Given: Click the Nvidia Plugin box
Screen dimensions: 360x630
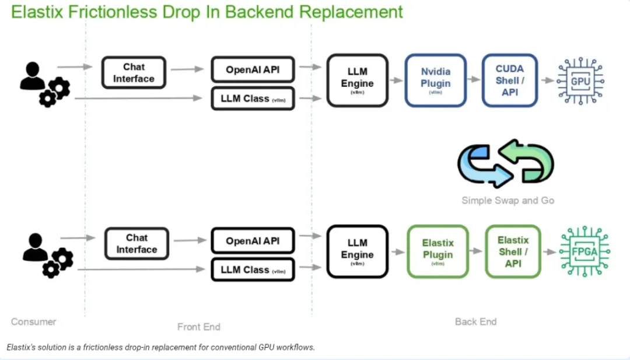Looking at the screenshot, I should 436,81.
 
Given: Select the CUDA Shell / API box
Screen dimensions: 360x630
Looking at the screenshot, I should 510,81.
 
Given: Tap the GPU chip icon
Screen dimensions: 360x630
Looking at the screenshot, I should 580,81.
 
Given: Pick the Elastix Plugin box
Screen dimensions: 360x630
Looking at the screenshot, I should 437,251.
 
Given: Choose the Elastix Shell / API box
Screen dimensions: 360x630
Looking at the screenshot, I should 513,251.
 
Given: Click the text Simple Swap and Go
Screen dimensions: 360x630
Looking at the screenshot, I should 508,201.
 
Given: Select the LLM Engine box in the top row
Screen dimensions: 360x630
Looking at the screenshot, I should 357,81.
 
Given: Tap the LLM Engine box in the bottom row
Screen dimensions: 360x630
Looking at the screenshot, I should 357,251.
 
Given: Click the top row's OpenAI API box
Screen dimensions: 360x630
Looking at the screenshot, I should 253,70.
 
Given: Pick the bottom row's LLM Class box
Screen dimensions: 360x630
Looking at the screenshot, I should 253,270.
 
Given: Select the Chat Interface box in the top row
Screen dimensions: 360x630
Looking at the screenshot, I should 134,73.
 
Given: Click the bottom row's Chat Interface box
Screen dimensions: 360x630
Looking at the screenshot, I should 136,244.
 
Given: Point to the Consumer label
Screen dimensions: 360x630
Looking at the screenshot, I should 34,321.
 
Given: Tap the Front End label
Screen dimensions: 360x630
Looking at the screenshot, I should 199,327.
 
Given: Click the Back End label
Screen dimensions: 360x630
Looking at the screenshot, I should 475,321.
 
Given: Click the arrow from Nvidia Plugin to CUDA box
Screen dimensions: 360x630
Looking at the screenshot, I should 474,81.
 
